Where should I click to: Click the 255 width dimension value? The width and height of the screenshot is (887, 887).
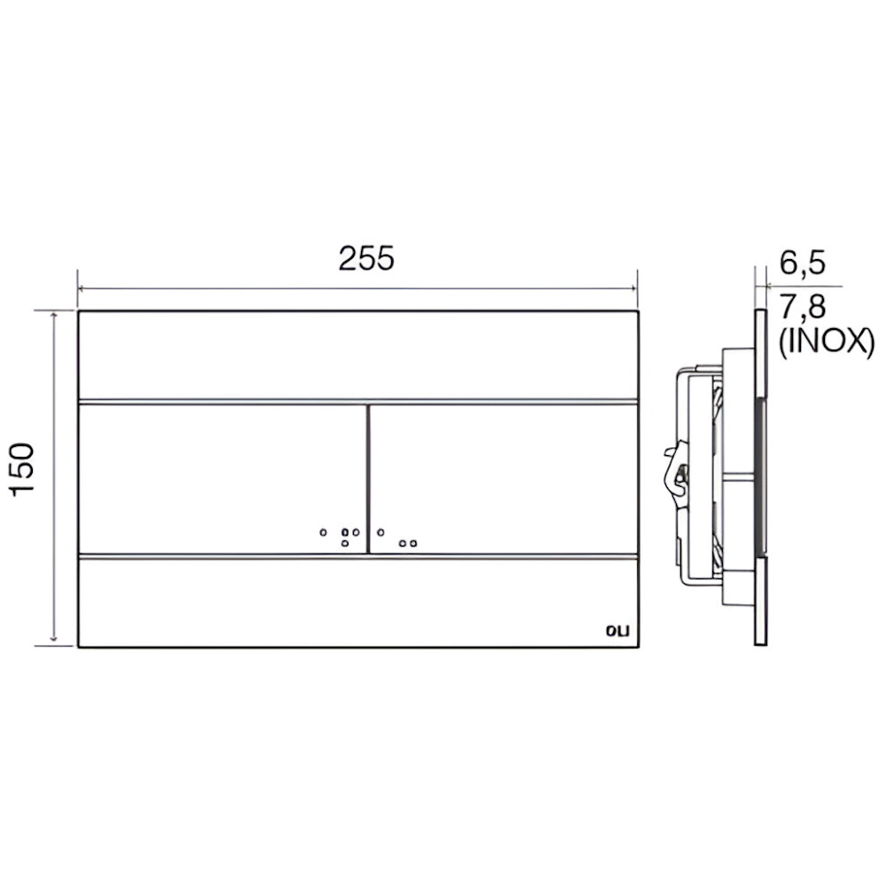point(366,258)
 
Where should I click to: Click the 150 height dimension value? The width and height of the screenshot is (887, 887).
point(23,470)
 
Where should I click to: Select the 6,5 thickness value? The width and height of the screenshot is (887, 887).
point(803,263)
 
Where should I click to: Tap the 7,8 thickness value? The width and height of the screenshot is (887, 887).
point(803,308)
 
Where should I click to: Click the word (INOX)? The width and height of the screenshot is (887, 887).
point(827,342)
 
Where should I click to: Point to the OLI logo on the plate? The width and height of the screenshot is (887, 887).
point(617,632)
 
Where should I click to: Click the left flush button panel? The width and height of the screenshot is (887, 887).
point(223,479)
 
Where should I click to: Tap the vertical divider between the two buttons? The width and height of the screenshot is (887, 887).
point(368,479)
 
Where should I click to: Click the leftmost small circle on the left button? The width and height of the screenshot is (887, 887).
point(323,532)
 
